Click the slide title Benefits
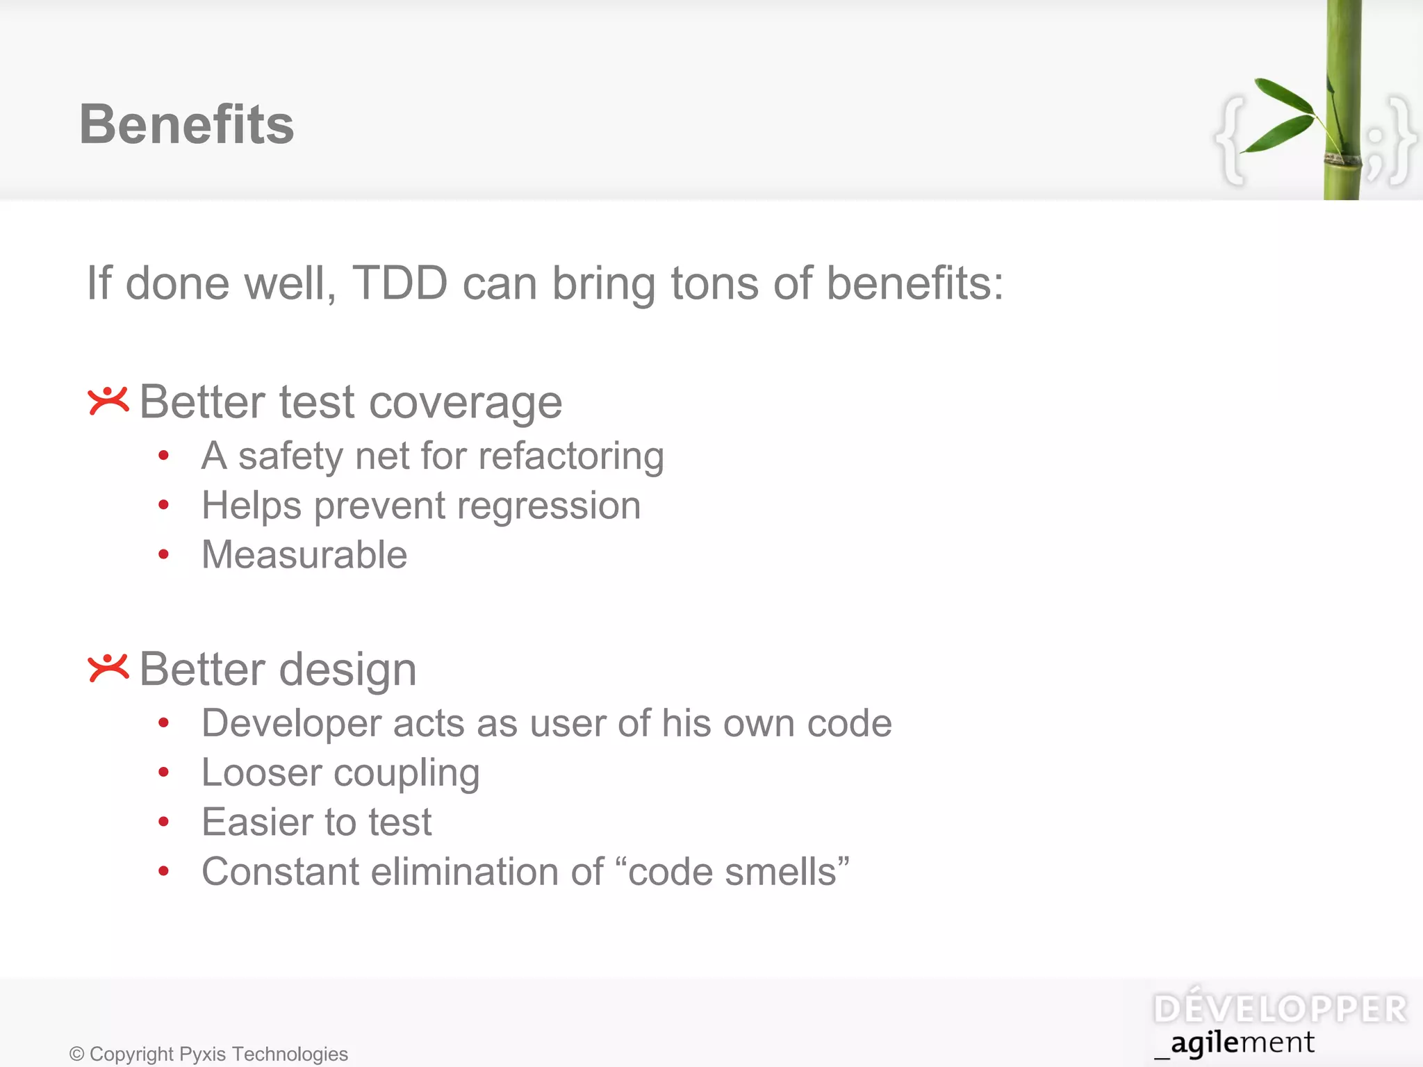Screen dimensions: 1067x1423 pyautogui.click(x=186, y=124)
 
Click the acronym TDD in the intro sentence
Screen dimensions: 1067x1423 pyautogui.click(x=400, y=283)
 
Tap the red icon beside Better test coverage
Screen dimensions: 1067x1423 pyautogui.click(x=108, y=401)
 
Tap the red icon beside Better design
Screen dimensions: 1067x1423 pyautogui.click(x=108, y=668)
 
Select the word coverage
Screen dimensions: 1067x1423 pyautogui.click(x=466, y=403)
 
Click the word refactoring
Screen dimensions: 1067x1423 pyautogui.click(x=571, y=457)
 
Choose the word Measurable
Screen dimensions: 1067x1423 pyautogui.click(x=304, y=555)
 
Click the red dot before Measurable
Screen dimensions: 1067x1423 pyautogui.click(x=163, y=554)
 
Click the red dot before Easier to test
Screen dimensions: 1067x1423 pyautogui.click(x=163, y=822)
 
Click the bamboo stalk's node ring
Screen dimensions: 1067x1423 pyautogui.click(x=1342, y=159)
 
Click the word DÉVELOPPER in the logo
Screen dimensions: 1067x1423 pyautogui.click(x=1280, y=1009)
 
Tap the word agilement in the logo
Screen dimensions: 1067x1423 pyautogui.click(x=1242, y=1043)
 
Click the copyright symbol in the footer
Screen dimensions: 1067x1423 pyautogui.click(x=76, y=1054)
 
